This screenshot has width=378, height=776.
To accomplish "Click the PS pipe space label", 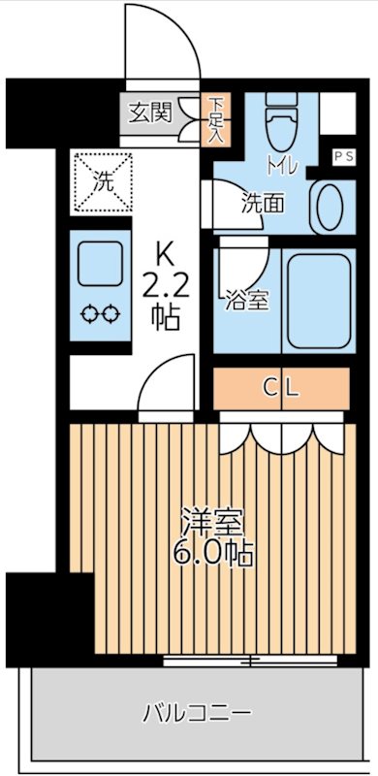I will pyautogui.click(x=343, y=155).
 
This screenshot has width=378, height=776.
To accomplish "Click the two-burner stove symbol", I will pyautogui.click(x=98, y=313).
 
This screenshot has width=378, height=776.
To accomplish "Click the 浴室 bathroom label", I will pyautogui.click(x=245, y=300).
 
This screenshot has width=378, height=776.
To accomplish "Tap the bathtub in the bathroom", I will pyautogui.click(x=315, y=301).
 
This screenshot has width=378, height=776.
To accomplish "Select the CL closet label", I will pyautogui.click(x=281, y=389).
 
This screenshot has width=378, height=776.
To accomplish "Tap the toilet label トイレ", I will pyautogui.click(x=283, y=166).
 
